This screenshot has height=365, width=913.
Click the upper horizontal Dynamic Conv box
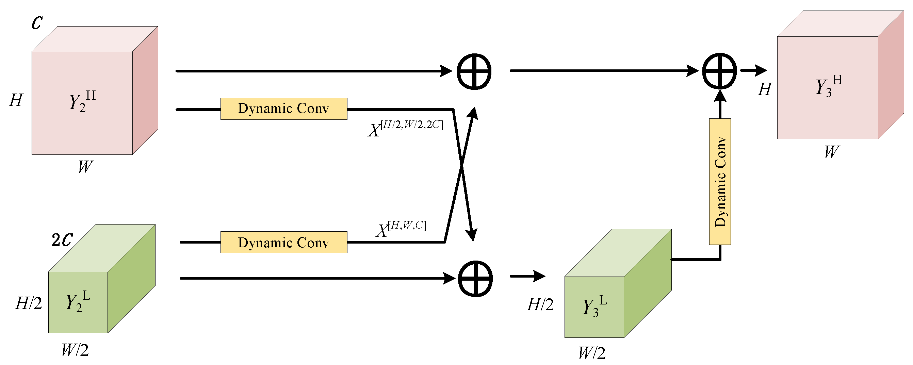(283, 109)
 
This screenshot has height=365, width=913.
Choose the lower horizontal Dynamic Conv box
(283, 243)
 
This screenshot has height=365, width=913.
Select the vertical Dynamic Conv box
(720, 181)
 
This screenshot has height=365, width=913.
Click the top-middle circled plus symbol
(474, 71)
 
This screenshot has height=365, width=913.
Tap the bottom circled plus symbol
(475, 279)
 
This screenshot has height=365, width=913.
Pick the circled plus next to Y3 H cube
(719, 71)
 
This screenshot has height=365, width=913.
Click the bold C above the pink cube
(37, 23)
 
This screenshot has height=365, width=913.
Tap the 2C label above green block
(62, 240)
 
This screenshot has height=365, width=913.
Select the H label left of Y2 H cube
(16, 100)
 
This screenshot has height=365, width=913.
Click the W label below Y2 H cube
(85, 167)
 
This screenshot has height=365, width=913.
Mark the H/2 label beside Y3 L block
(540, 305)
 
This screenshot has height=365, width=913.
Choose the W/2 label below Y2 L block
(75, 350)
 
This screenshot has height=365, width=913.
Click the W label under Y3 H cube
(831, 152)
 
